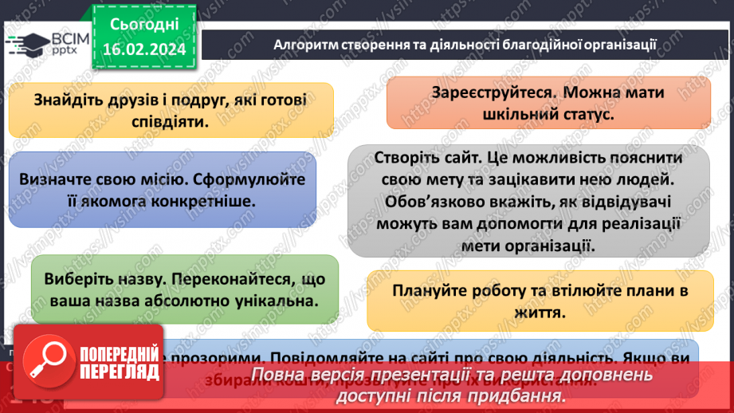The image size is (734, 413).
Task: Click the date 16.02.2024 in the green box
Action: click(144, 49)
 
